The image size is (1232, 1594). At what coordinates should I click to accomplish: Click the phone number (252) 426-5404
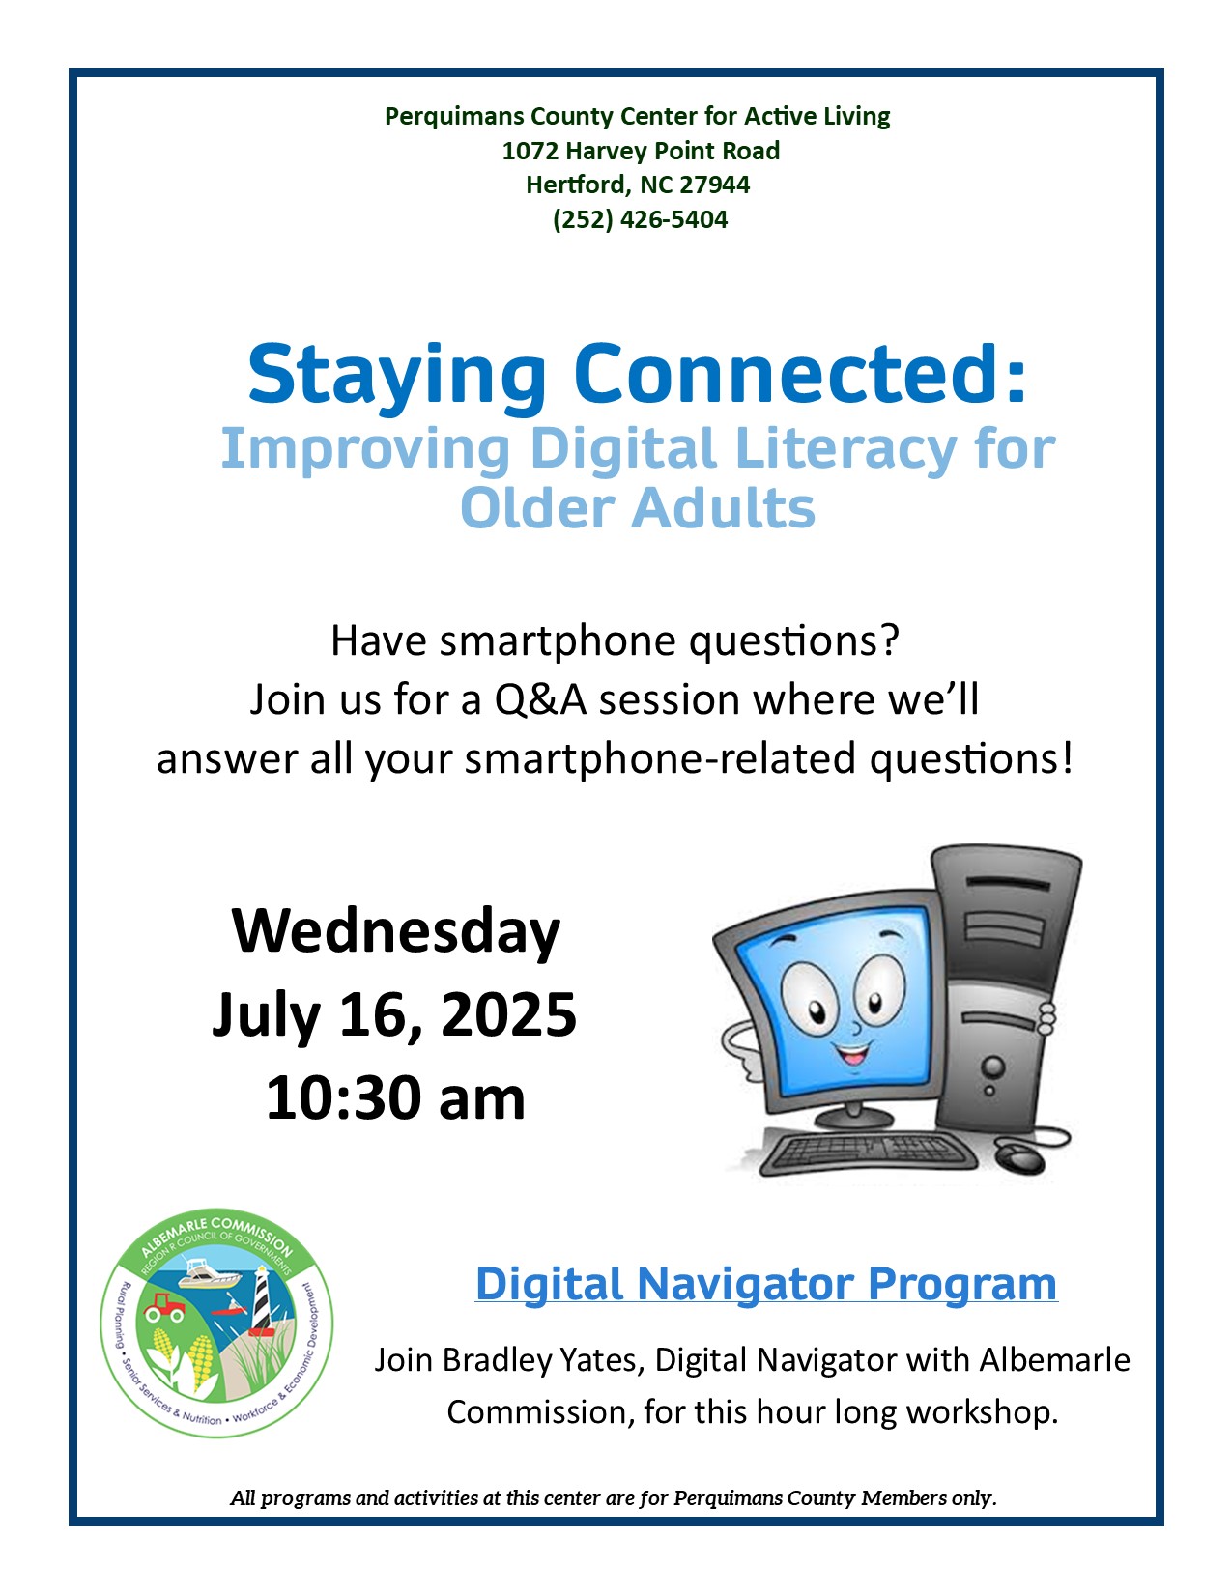pos(640,219)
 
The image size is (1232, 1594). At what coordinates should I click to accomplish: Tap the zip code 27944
pos(714,185)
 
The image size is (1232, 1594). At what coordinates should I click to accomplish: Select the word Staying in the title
pos(396,377)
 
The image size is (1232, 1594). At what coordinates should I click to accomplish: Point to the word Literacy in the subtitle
pos(846,449)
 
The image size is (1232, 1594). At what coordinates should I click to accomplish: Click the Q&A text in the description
pos(540,699)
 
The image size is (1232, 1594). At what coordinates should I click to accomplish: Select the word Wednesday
pos(395,931)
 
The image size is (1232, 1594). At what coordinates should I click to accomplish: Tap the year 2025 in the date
pos(508,1014)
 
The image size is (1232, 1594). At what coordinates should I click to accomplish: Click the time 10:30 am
pos(395,1098)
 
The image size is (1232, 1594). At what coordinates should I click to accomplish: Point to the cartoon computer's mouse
pos(1020,1158)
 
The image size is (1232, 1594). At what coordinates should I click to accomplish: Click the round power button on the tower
pos(993,1066)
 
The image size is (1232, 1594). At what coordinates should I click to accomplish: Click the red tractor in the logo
pos(164,1306)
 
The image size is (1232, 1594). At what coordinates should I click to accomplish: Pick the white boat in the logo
pos(209,1273)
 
